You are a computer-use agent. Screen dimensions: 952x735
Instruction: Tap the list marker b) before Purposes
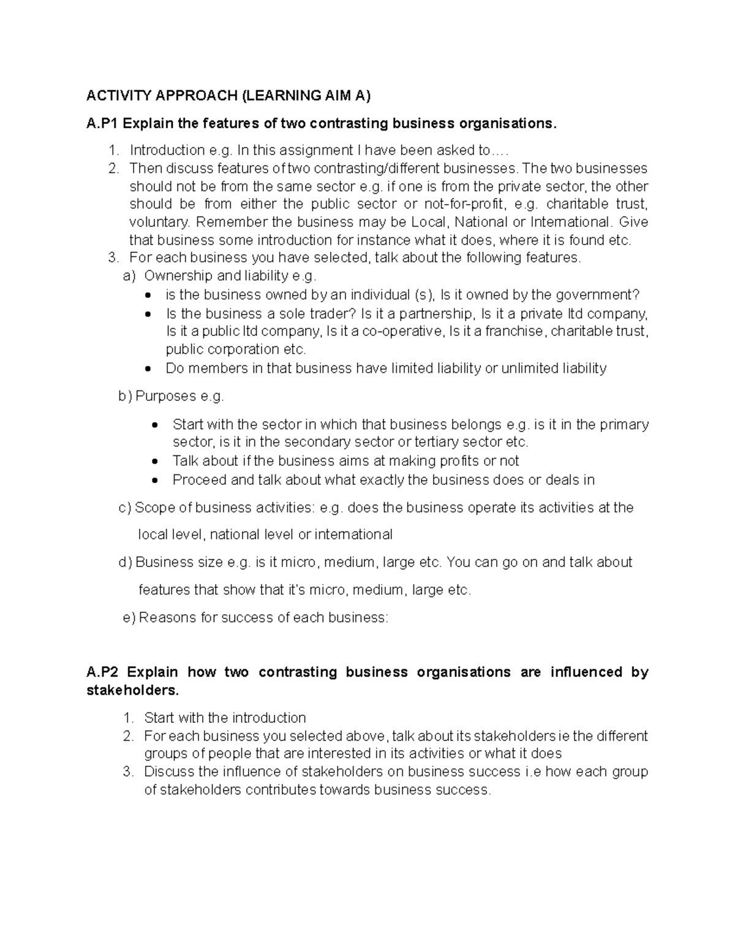(x=125, y=397)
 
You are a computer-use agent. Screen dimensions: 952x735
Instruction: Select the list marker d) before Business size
(x=125, y=563)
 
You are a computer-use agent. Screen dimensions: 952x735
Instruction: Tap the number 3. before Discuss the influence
(x=127, y=772)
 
